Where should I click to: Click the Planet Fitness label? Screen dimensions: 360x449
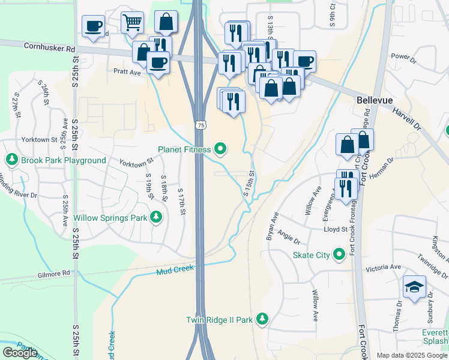pyautogui.click(x=184, y=149)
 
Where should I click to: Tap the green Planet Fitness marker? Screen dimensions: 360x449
pyautogui.click(x=220, y=149)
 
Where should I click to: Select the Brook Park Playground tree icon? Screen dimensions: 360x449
pyautogui.click(x=12, y=160)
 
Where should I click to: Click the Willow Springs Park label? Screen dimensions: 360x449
pyautogui.click(x=110, y=218)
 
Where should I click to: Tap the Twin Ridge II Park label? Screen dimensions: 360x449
pyautogui.click(x=219, y=320)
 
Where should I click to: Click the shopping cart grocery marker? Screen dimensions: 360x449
pyautogui.click(x=132, y=23)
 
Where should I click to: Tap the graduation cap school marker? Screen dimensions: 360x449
pyautogui.click(x=414, y=287)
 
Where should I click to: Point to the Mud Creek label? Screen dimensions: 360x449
pyautogui.click(x=175, y=270)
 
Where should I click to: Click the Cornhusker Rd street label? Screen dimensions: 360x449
pyautogui.click(x=50, y=46)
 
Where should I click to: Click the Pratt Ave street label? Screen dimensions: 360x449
pyautogui.click(x=127, y=73)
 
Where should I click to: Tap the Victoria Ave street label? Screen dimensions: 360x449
pyautogui.click(x=387, y=267)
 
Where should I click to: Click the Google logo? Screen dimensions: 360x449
pyautogui.click(x=20, y=353)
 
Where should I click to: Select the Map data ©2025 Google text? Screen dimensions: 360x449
pyautogui.click(x=412, y=355)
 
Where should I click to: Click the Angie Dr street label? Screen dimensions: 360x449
pyautogui.click(x=289, y=241)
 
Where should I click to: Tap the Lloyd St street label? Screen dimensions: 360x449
pyautogui.click(x=336, y=229)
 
